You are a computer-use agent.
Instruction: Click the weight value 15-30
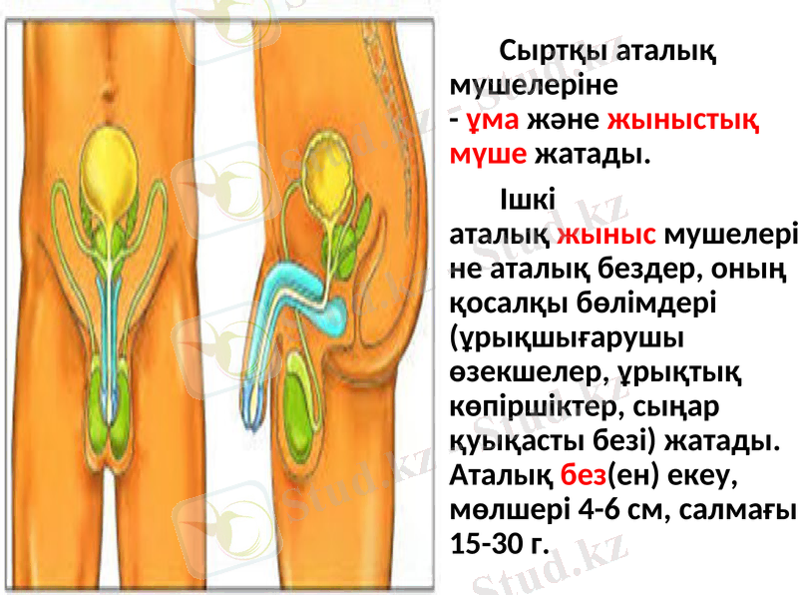click(483, 543)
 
